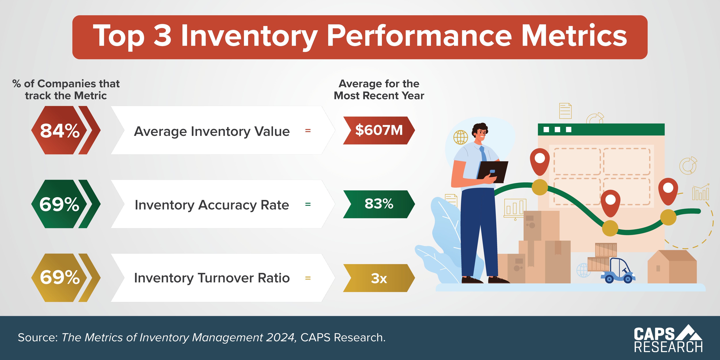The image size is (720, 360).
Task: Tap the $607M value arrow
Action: click(379, 130)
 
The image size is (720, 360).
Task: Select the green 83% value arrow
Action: click(379, 204)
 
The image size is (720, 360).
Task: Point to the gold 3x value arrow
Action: click(379, 278)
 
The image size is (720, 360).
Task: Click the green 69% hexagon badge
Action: click(59, 204)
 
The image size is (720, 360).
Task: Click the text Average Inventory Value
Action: click(212, 131)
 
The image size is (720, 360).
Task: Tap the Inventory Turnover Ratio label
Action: click(212, 278)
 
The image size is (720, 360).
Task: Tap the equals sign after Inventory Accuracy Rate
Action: click(308, 204)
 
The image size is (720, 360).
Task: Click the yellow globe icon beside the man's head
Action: click(460, 137)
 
